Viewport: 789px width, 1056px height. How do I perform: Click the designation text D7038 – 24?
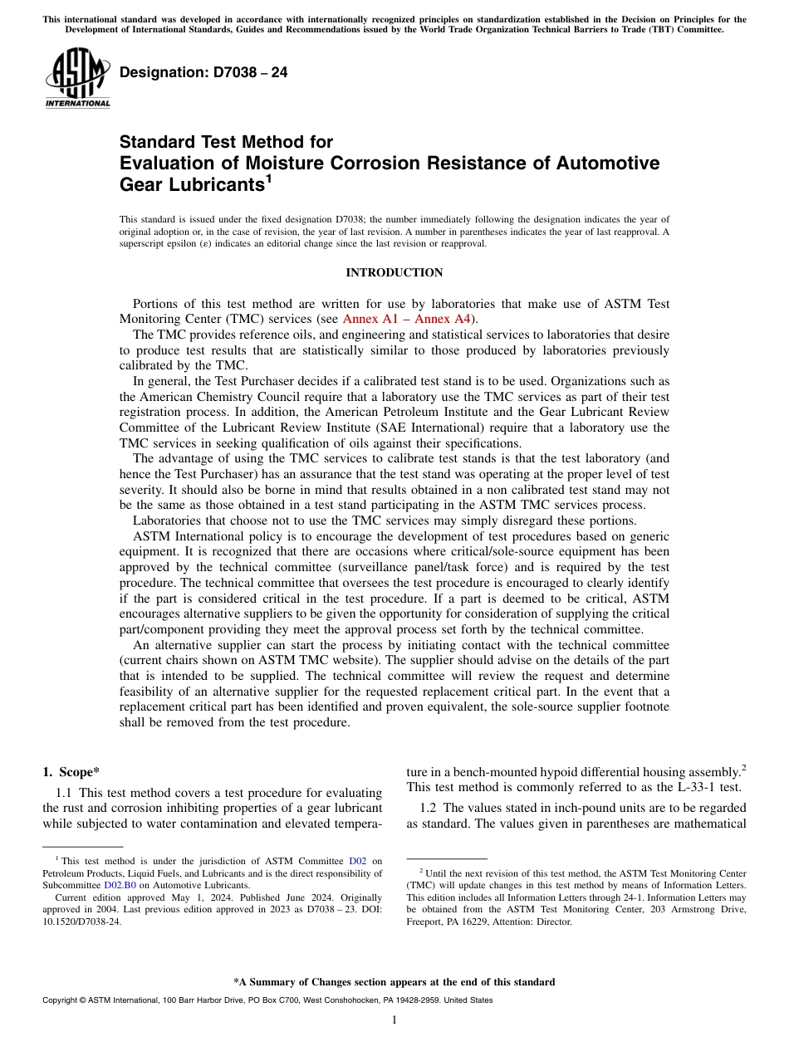point(203,73)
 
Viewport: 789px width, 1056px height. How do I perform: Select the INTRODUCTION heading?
point(394,273)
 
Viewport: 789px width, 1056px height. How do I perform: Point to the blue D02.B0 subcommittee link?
point(120,885)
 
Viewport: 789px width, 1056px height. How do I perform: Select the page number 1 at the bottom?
point(394,1020)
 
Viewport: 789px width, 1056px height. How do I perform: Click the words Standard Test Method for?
point(226,142)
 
